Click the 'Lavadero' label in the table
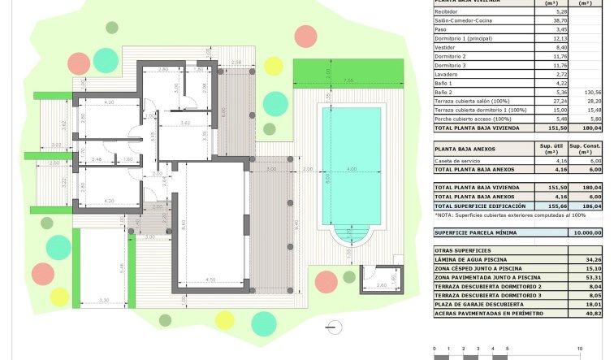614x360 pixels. click(x=447, y=74)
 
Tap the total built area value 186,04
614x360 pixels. click(x=590, y=206)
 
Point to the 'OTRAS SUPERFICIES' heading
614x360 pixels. click(x=462, y=250)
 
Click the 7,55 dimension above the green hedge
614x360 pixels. click(x=348, y=80)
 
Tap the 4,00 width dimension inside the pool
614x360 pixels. click(x=352, y=169)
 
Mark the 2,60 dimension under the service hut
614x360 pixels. click(x=383, y=285)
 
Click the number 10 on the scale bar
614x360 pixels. click(x=580, y=349)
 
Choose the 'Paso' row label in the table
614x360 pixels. click(x=442, y=29)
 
